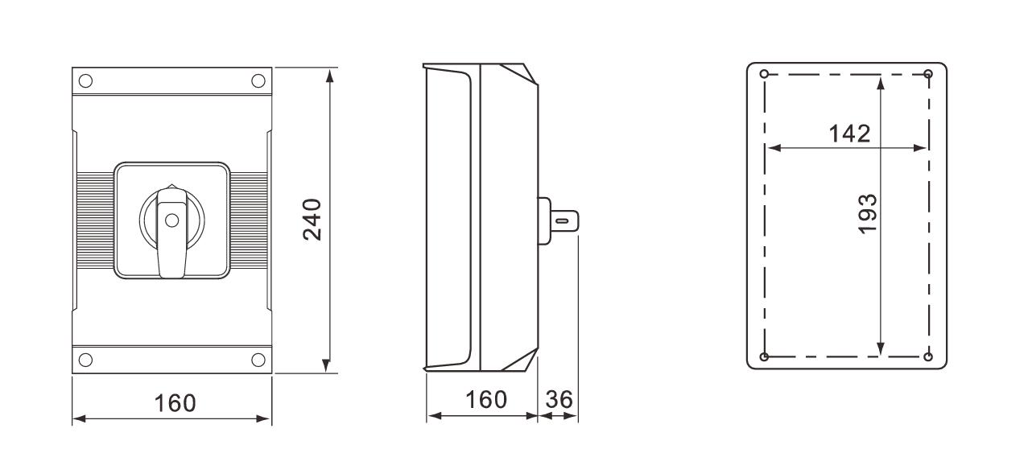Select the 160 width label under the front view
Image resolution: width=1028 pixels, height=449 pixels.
coord(175,402)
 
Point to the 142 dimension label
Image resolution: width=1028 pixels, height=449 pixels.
coord(849,133)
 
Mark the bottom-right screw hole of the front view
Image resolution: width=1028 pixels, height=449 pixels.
coord(258,358)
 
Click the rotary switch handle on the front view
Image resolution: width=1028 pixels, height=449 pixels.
coord(171,229)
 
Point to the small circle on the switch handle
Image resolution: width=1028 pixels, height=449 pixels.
coord(171,219)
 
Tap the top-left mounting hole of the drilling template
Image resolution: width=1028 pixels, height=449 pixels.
coord(764,75)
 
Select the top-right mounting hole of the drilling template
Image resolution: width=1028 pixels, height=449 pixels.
coord(928,74)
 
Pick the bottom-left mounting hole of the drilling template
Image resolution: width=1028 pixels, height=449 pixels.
coord(764,356)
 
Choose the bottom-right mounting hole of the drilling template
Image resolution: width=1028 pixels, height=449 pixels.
coord(928,356)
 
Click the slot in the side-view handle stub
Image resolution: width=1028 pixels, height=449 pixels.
coord(564,219)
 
